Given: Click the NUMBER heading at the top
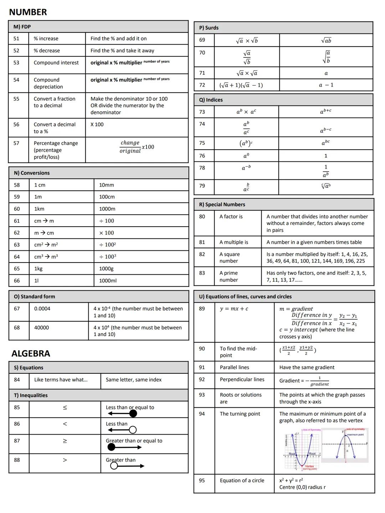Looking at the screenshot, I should click(28, 12).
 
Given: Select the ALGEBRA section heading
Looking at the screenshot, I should click(31, 353).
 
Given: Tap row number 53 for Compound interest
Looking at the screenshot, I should click(16, 63).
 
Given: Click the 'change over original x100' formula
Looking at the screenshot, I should click(137, 147).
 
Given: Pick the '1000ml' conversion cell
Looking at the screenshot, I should click(108, 281).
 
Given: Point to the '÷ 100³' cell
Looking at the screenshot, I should click(108, 256).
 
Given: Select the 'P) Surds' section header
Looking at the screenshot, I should click(209, 28).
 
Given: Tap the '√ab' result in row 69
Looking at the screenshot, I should click(326, 41).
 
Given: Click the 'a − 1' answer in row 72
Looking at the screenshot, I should click(326, 85).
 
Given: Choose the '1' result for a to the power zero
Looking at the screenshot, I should click(325, 156).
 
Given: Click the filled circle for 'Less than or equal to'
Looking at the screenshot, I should click(133, 414).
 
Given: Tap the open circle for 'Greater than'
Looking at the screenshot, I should click(114, 466).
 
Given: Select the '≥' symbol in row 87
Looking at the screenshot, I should click(65, 441).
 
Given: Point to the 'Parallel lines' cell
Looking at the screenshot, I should click(234, 367).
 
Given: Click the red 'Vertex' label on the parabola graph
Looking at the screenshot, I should click(309, 466).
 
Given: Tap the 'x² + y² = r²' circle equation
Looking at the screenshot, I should click(291, 480).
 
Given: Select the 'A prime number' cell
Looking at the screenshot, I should click(229, 276).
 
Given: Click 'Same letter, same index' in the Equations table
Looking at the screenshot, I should click(133, 380).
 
